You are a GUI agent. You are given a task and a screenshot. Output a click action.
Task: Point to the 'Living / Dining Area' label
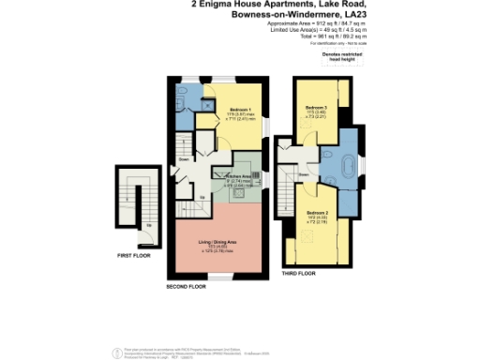[x=217, y=242]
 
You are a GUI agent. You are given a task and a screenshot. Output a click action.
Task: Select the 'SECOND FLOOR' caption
[x=185, y=286]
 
